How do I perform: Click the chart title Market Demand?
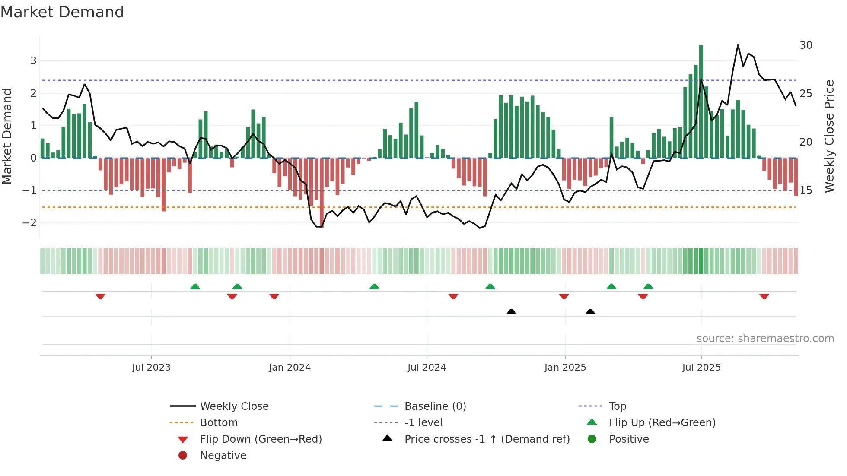tap(62, 12)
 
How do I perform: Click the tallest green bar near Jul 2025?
tap(701, 102)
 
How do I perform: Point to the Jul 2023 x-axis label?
tap(151, 368)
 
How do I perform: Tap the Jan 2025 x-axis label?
tap(565, 368)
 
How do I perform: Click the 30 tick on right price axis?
tap(806, 45)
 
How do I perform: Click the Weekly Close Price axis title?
tap(829, 136)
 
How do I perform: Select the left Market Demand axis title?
tap(7, 136)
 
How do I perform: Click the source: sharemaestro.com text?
tap(765, 339)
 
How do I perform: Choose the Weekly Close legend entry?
tap(234, 406)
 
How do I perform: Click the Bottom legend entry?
tap(219, 423)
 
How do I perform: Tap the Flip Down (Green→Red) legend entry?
tap(261, 439)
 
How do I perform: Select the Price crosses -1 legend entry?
tap(487, 439)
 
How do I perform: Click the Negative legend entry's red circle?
tap(183, 456)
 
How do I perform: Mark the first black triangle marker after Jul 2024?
tap(511, 311)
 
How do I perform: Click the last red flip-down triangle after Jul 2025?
tap(764, 297)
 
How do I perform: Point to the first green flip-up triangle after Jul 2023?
tap(195, 286)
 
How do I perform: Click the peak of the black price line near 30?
tap(738, 45)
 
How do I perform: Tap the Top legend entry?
tap(617, 406)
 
